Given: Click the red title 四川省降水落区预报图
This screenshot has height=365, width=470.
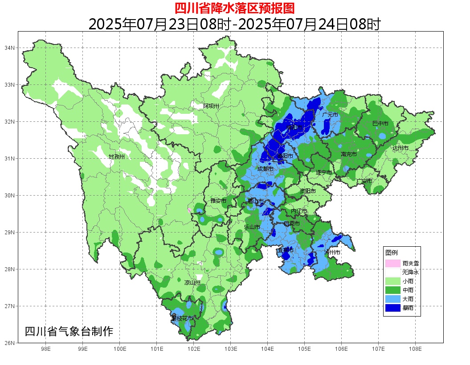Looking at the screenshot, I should point(234,8).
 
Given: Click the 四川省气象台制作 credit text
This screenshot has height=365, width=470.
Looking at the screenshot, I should point(69,331).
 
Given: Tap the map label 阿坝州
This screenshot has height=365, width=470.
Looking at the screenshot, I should point(211,106).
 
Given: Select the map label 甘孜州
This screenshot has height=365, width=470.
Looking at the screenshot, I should point(117,156).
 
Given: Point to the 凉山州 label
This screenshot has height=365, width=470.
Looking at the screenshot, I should point(192,282).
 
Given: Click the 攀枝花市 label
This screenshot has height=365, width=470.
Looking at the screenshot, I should point(182,318).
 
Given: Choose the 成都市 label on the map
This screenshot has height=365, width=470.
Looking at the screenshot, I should point(265,169).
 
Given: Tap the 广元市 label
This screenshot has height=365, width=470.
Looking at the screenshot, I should point(330,115).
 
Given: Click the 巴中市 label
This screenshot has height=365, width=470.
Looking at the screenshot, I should point(380,123).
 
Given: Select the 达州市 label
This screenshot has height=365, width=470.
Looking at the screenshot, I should point(400,148).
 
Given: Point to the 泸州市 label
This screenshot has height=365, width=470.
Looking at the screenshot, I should point(332,252).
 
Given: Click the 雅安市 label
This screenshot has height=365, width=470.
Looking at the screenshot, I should point(218,201).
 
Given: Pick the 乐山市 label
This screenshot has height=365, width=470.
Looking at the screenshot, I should point(252,227).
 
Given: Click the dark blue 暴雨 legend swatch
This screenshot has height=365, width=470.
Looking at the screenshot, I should point(392,308).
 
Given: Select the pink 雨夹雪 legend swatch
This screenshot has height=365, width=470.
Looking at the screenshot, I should point(392,263).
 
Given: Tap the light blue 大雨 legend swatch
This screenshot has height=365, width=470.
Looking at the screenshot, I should point(392,299).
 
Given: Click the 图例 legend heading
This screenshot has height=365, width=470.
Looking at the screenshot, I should point(392,253).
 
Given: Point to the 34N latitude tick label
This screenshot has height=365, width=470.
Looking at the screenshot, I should point(10,48).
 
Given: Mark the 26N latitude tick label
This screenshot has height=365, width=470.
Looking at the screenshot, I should point(10,343).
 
